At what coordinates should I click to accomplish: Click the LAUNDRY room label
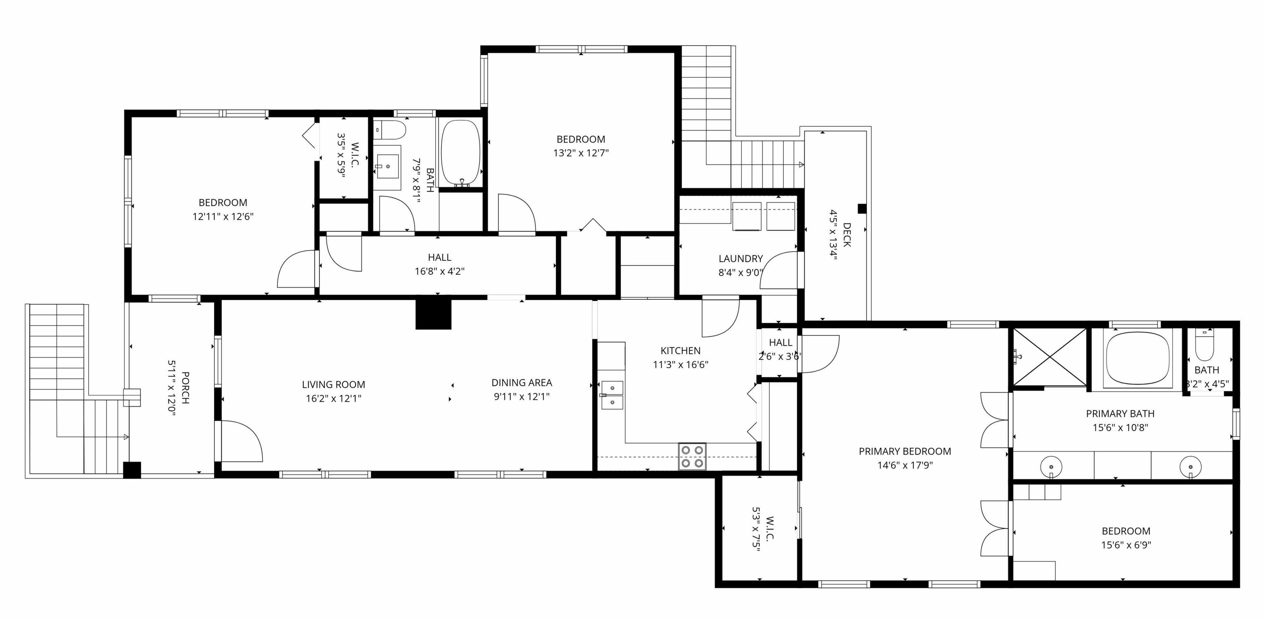pyautogui.click(x=741, y=258)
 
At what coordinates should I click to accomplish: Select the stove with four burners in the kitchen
pyautogui.click(x=692, y=456)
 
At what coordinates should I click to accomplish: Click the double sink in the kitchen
pyautogui.click(x=612, y=395)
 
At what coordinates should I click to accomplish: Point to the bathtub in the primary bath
pyautogui.click(x=1137, y=358)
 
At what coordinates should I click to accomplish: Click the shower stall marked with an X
pyautogui.click(x=1050, y=357)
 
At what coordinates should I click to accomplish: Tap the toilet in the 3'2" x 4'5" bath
pyautogui.click(x=1204, y=345)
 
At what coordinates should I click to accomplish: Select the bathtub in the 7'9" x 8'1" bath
pyautogui.click(x=460, y=153)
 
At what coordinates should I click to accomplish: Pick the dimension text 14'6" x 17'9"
pyautogui.click(x=905, y=465)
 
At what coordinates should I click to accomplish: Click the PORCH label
pyautogui.click(x=185, y=388)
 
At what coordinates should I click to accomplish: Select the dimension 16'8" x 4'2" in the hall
pyautogui.click(x=439, y=271)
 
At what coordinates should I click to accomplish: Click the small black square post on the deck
pyautogui.click(x=862, y=209)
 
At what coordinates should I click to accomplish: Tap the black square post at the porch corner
pyautogui.click(x=132, y=470)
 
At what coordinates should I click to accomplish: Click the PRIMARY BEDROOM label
pyautogui.click(x=905, y=451)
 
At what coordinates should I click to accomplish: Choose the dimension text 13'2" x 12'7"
pyautogui.click(x=581, y=153)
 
